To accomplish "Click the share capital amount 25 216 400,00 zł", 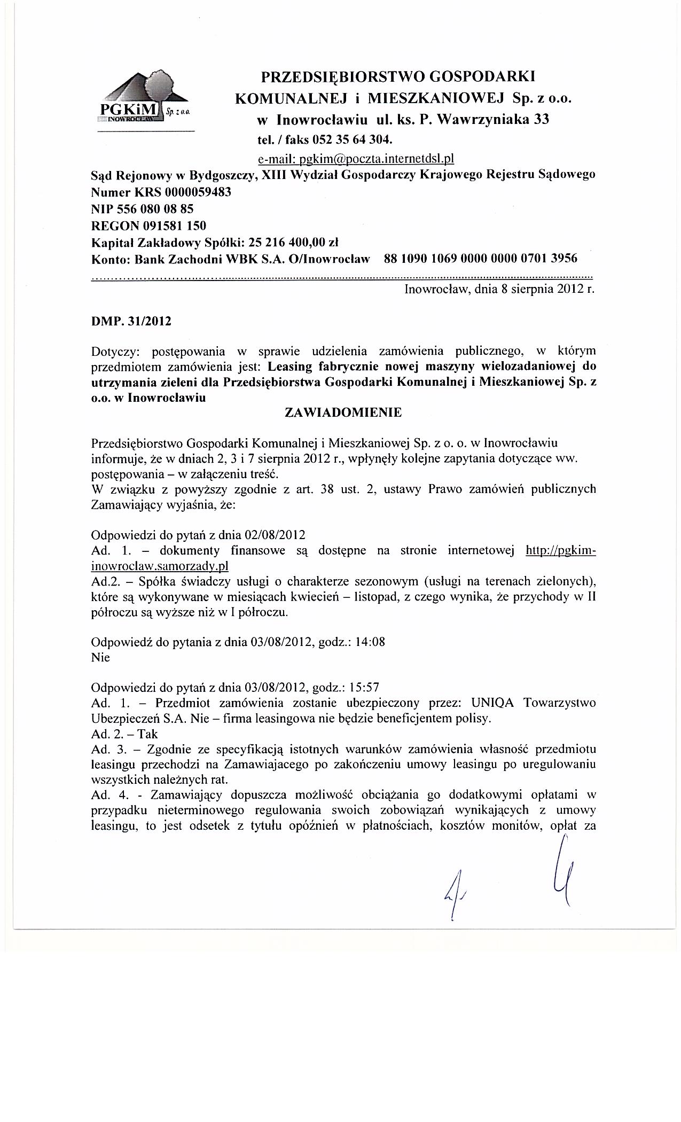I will [291, 242].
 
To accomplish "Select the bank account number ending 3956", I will [480, 259].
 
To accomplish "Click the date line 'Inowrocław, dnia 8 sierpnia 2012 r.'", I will [499, 290].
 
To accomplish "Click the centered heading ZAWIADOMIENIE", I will [343, 412].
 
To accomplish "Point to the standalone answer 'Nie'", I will [100, 658].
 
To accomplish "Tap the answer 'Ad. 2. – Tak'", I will [124, 734].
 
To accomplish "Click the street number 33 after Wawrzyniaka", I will [541, 120].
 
